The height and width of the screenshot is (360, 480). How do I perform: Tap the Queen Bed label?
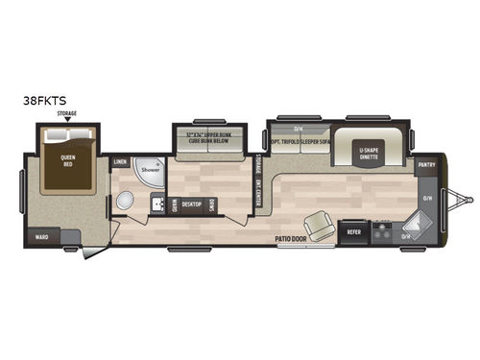coord(67,162)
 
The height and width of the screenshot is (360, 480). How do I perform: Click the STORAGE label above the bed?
coord(67,114)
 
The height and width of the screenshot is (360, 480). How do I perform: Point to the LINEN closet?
coord(121,162)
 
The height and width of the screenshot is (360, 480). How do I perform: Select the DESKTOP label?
coord(191,204)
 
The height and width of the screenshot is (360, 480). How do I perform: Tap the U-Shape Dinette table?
coord(372,153)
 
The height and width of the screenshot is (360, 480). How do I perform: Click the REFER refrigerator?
coord(353,231)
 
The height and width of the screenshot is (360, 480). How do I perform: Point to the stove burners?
coord(380,231)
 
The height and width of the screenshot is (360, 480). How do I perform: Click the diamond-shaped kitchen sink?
coord(407,231)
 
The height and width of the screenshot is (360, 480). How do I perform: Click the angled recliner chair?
coord(321,224)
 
